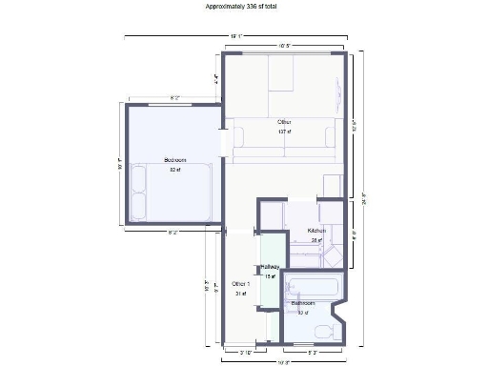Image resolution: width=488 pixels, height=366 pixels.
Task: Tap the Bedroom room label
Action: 174,160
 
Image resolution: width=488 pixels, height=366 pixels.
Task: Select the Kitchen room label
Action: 316,231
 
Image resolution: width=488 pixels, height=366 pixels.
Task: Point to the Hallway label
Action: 270,267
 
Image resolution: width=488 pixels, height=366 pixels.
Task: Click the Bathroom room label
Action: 304,303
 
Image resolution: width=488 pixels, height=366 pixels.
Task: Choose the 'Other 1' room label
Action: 241,284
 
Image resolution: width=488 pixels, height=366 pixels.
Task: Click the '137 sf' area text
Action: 284,132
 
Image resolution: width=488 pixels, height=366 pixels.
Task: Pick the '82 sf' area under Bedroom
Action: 174,171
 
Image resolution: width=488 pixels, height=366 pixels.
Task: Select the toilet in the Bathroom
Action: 323,331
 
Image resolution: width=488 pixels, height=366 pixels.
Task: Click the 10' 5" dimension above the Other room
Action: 284,45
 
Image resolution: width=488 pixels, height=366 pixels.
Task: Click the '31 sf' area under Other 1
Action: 241,294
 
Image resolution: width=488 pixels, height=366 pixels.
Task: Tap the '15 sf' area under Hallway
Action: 270,276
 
